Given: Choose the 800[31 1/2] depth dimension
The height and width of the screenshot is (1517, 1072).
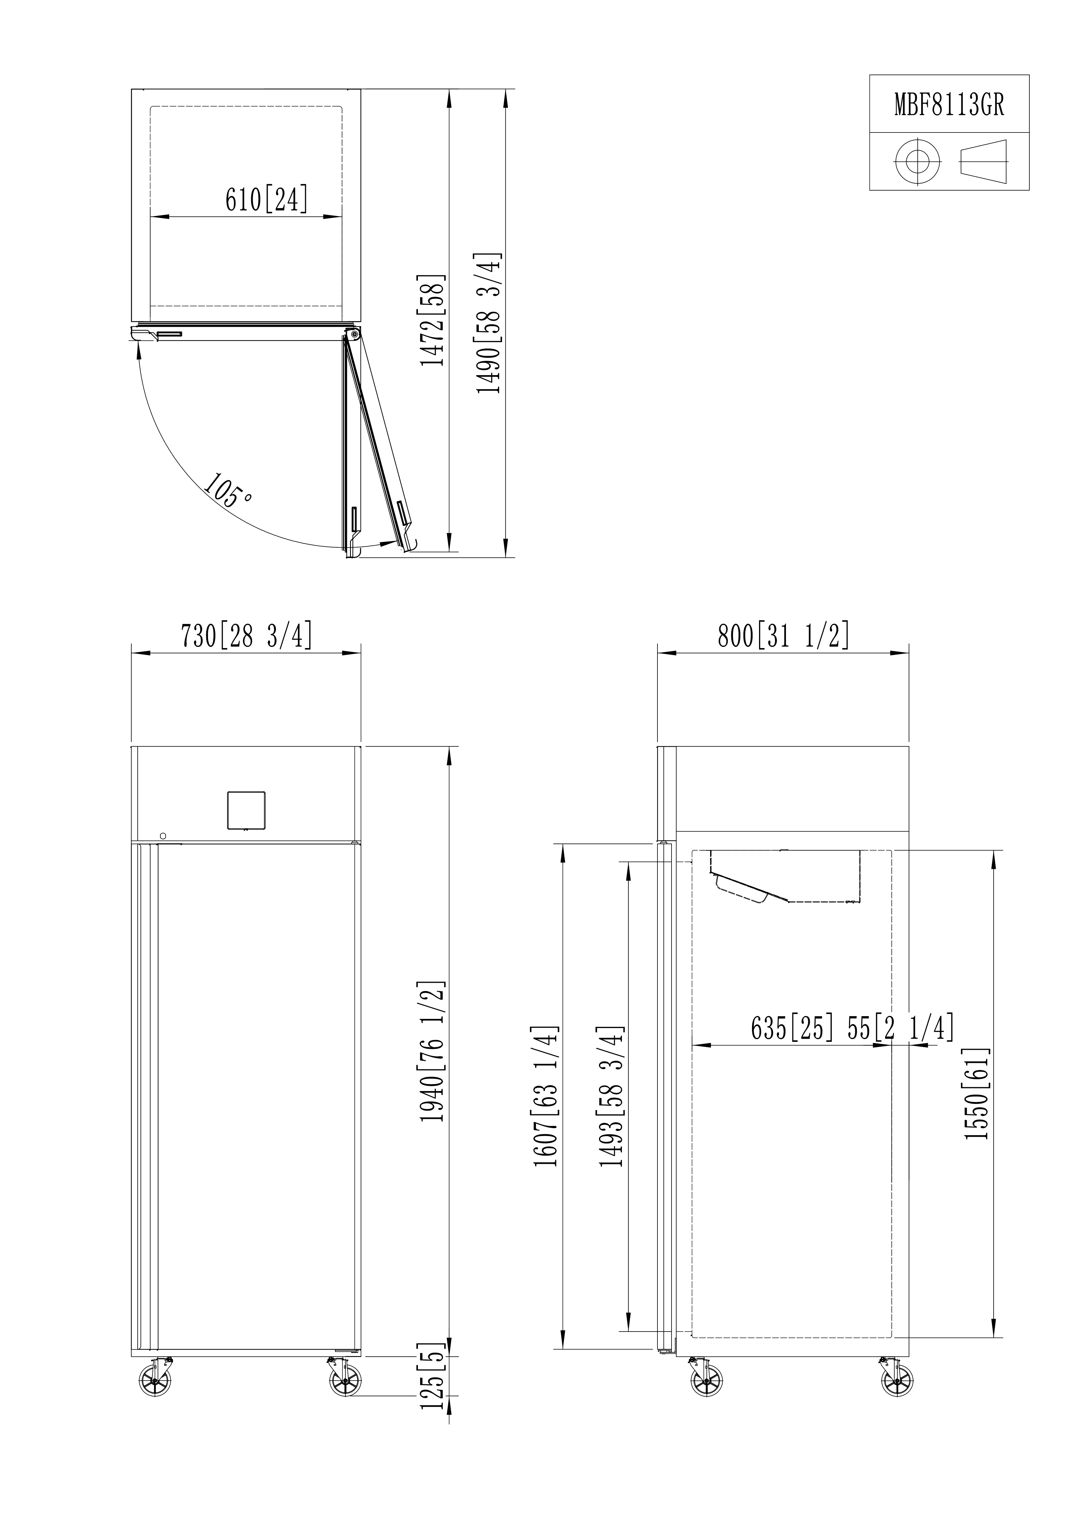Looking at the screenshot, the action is click(x=784, y=635).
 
